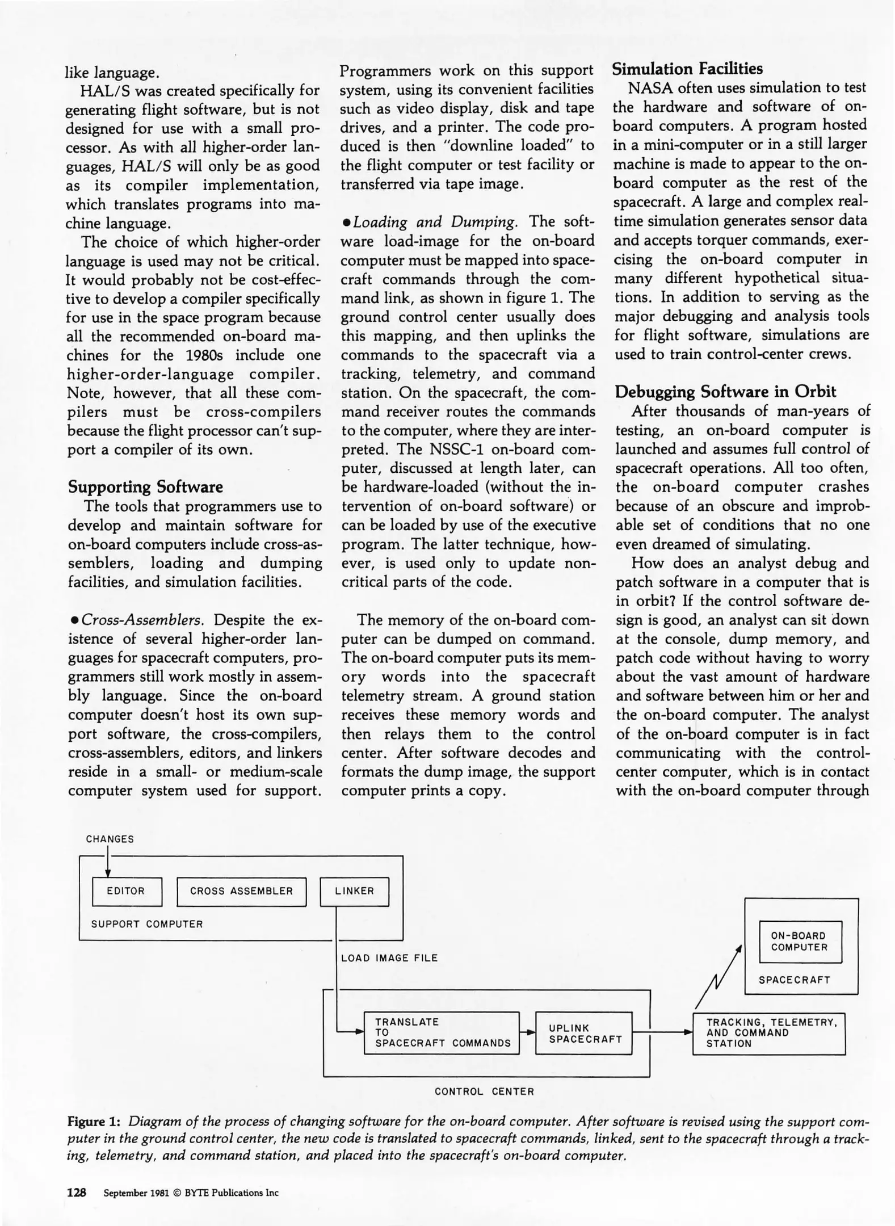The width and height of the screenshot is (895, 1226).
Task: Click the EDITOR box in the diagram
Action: pos(127,891)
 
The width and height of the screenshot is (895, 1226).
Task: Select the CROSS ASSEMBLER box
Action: pos(241,891)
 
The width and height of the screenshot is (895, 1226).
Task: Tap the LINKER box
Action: pos(354,891)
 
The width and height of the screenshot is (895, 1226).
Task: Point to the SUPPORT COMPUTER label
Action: pos(147,924)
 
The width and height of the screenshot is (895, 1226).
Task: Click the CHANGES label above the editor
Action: pos(110,839)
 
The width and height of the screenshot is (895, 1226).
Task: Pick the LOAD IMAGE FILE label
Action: pos(389,958)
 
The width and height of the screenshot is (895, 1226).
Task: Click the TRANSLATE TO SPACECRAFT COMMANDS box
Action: pos(441,1032)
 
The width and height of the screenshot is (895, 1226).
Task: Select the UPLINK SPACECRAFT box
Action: pos(583,1033)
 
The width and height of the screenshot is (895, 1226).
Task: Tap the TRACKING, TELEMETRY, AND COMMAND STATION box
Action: pos(768,1033)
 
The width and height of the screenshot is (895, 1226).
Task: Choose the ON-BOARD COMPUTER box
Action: pos(800,942)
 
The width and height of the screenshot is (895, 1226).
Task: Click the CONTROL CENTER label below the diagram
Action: pos(484,1091)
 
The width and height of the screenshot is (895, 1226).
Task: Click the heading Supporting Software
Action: pos(145,487)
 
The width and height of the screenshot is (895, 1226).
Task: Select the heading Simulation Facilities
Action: pos(687,69)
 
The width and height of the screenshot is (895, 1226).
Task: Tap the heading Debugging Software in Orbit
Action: pos(726,392)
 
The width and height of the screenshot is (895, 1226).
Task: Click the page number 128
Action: pos(77,1193)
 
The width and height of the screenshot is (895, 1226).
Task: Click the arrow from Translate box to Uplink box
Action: pos(527,1032)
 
